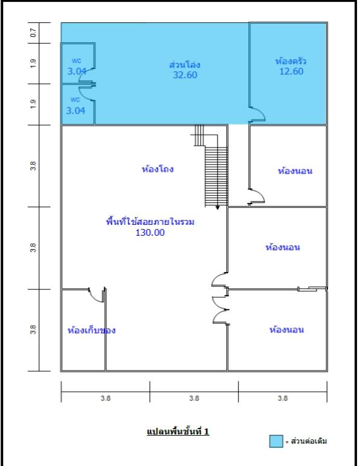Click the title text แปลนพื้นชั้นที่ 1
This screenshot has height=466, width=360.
point(178,431)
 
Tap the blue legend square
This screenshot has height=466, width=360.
point(276,441)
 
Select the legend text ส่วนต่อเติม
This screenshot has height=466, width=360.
point(309,441)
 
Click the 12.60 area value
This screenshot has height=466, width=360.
point(291,71)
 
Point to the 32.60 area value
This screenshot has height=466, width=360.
point(185,74)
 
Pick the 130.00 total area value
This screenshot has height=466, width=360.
point(150,233)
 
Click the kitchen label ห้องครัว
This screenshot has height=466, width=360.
point(291,61)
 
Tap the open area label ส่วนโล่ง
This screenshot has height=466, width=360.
point(184,64)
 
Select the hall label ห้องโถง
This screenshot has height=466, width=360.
point(158,169)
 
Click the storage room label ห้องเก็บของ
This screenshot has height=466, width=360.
point(91,330)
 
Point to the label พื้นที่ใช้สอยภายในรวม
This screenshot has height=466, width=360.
point(150,222)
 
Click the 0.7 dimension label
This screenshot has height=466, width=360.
point(33,33)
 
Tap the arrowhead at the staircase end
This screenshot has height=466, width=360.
point(217,208)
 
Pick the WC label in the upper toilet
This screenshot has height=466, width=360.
point(76,60)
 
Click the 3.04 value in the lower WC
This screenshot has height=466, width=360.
point(76,111)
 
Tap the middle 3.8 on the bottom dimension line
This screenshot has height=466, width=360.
point(194,398)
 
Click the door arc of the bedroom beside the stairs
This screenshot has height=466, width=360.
point(260,193)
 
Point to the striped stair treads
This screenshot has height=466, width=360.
point(216,176)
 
